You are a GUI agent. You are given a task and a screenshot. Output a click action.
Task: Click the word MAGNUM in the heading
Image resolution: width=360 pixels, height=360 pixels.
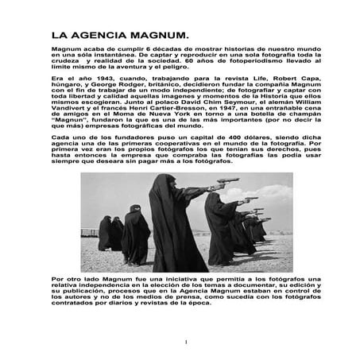point(156,36)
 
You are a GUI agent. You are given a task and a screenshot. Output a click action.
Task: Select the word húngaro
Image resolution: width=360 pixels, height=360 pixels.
point(67,87)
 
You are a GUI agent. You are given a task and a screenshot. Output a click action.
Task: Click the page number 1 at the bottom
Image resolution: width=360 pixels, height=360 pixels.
point(184,343)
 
